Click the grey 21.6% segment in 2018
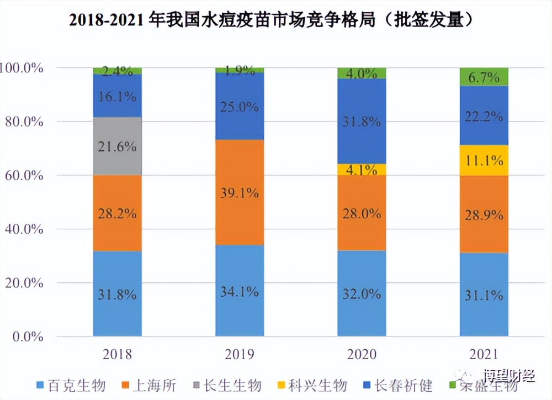coord(117,146)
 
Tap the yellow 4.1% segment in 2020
coord(362,170)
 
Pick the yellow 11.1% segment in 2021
coord(484,161)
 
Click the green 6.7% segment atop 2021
coord(484,77)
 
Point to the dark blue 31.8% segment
coord(362,121)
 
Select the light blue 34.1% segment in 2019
coord(240,291)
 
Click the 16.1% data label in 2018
coord(118,97)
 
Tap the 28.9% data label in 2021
coord(484,214)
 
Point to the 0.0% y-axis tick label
coord(25,336)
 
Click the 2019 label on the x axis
coord(240,354)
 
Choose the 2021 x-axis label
coord(484,354)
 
